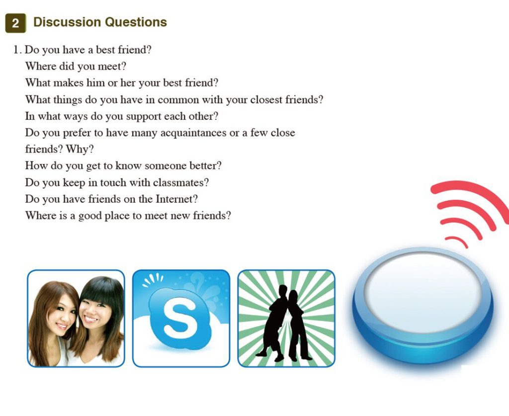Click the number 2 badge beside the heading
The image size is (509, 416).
[x=15, y=23]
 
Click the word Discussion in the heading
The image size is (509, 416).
[x=67, y=22]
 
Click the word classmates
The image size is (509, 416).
[x=181, y=182]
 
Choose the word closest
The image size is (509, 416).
[x=266, y=99]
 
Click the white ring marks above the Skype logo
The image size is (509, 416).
[x=153, y=279]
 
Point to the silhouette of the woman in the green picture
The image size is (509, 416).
[x=298, y=325]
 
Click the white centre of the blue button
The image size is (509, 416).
[x=423, y=293]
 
